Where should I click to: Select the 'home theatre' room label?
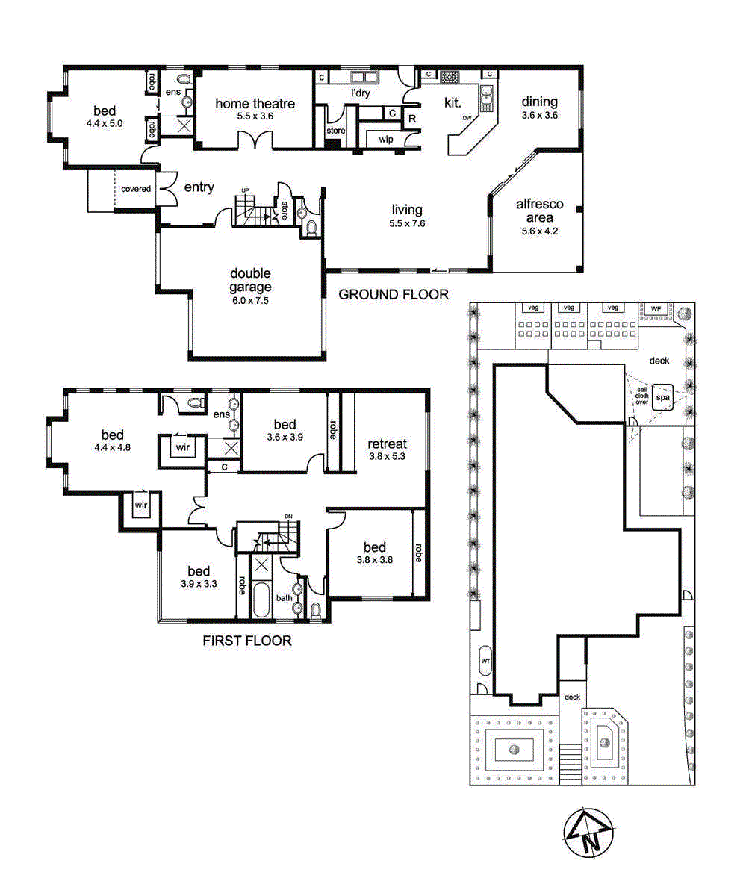pos(255,104)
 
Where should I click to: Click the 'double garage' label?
pos(251,280)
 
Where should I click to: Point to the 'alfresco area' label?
pos(539,211)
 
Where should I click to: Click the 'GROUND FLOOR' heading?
pos(394,295)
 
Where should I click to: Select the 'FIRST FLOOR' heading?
pos(247,641)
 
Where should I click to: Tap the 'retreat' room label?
pos(387,444)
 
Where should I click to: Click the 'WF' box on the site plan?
pos(656,308)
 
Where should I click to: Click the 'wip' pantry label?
pos(386,140)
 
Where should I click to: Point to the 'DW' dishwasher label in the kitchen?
pos(467,118)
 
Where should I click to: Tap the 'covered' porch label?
pos(137,189)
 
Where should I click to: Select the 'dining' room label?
pos(539,102)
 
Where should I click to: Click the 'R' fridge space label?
pos(411,117)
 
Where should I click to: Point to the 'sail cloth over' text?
pos(641,395)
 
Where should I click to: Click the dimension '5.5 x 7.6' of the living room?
pos(407,223)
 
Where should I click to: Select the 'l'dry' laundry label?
pos(361,93)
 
